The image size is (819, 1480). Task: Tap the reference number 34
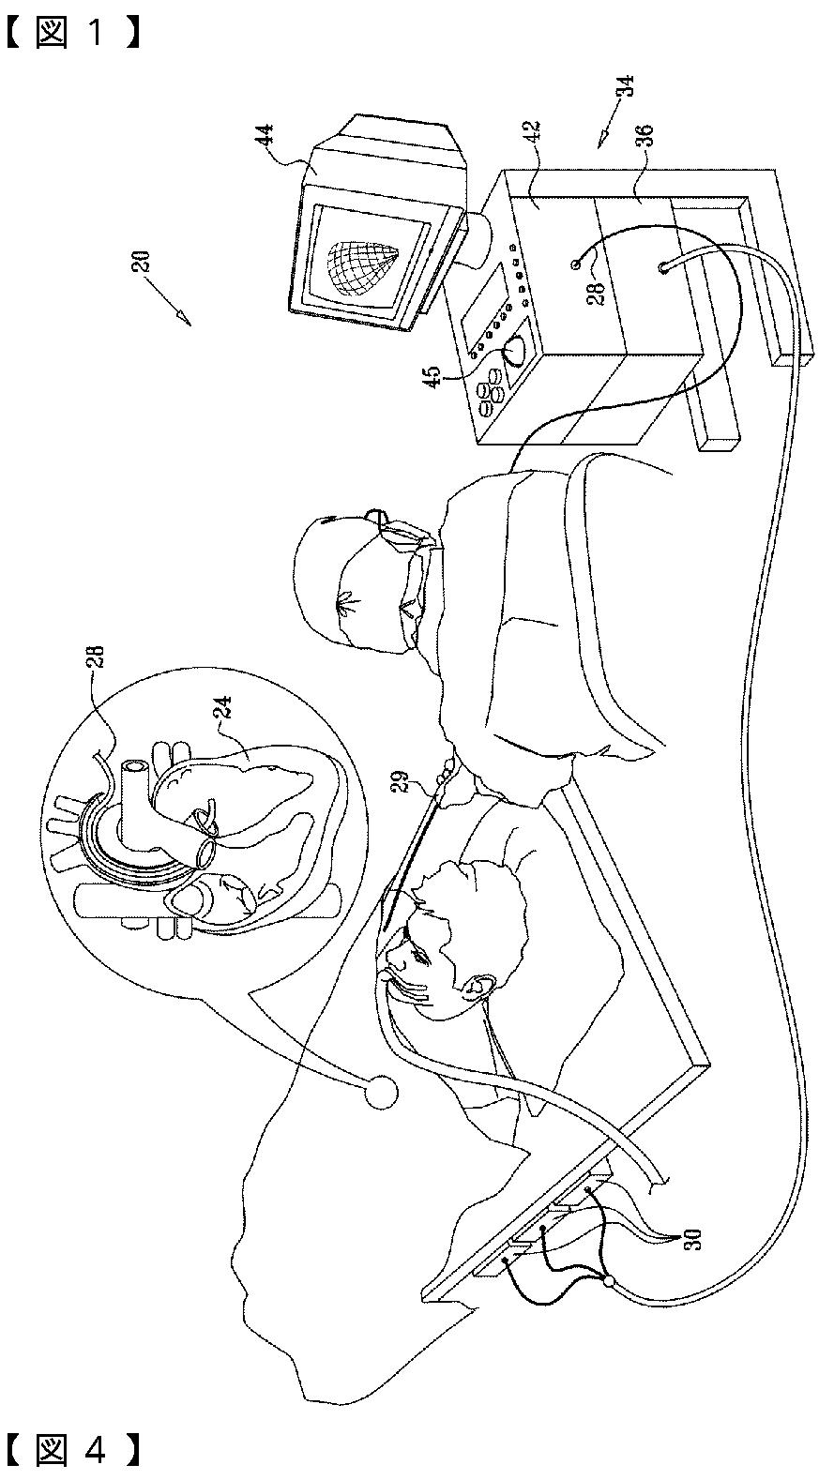pyautogui.click(x=625, y=86)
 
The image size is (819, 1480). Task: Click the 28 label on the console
pyautogui.click(x=597, y=293)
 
